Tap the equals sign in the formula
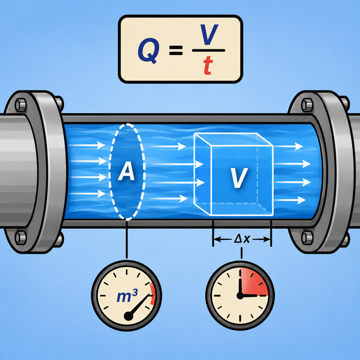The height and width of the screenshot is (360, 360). click(x=176, y=51)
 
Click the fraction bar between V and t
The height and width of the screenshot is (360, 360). click(x=208, y=50)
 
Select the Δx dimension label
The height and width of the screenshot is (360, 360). click(x=242, y=239)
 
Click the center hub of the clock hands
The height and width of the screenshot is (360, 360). click(x=240, y=296)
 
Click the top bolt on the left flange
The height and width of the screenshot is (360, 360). click(x=21, y=105)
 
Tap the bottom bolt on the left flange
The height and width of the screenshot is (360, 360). click(x=21, y=238)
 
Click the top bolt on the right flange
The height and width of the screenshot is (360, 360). click(x=307, y=105)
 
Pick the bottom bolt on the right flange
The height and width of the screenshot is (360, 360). click(x=307, y=238)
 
